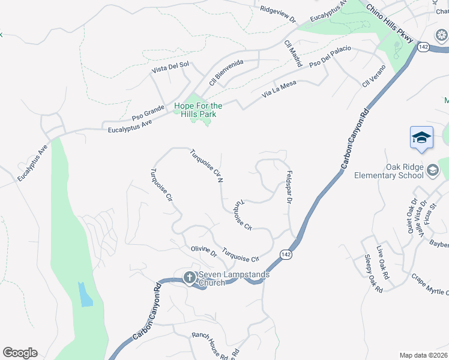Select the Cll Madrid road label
pyautogui.click(x=294, y=53)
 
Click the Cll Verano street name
pyautogui.click(x=373, y=76)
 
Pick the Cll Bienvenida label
pyautogui.click(x=226, y=72)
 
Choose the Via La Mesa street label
pyautogui.click(x=280, y=90)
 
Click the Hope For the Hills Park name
pyautogui.click(x=198, y=110)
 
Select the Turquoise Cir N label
pyautogui.click(x=207, y=165)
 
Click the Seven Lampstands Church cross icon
pyautogui.click(x=189, y=277)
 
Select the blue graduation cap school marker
pyautogui.click(x=421, y=137)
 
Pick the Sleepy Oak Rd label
pyautogui.click(x=373, y=274)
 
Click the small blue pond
pyautogui.click(x=85, y=294)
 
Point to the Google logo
pyautogui.click(x=20, y=353)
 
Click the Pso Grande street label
pyautogui.click(x=148, y=112)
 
